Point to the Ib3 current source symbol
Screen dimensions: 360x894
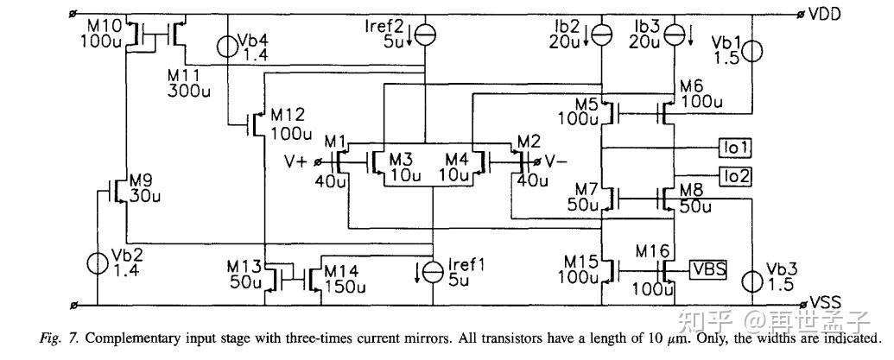tap(675, 34)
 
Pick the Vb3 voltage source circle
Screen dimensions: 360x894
tap(754, 281)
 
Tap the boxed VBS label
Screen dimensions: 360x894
tap(708, 270)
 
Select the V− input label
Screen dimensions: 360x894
tap(556, 161)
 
